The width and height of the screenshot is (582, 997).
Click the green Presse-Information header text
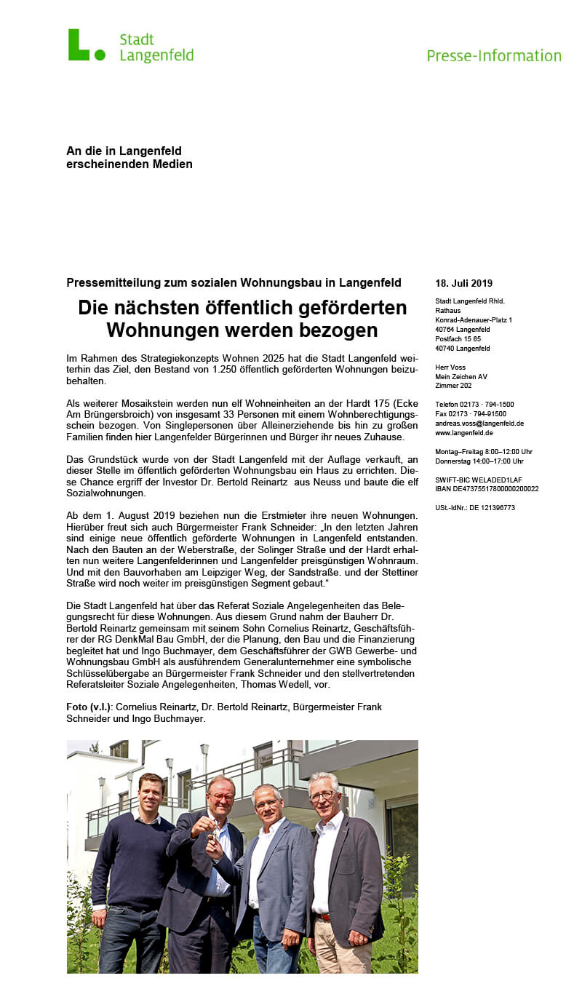point(494,56)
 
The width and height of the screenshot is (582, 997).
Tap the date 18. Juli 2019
point(463,283)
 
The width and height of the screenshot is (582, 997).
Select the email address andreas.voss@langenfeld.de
point(479,424)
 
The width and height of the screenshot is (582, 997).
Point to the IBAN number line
point(487,489)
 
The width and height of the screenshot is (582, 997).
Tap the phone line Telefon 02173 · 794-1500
point(474,405)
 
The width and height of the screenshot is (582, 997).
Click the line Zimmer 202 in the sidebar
point(453,386)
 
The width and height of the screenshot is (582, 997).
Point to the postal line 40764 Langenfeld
point(463,330)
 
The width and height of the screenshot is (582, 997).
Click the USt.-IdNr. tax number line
point(474,508)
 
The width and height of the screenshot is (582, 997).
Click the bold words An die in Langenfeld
point(124,151)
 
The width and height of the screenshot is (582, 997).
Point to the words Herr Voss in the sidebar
point(450,367)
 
